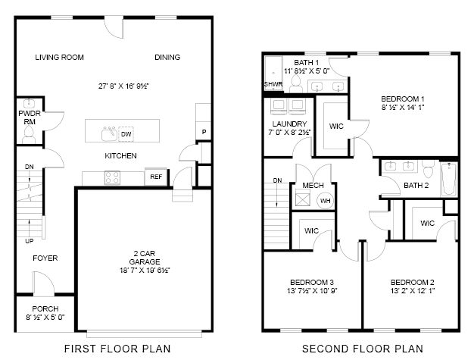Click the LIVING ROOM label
60,58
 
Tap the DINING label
167,58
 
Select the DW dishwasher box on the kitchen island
127,134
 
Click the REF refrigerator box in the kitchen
156,177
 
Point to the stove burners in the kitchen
112,177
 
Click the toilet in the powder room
29,134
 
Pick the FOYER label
45,258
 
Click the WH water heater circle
325,201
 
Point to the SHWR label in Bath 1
273,84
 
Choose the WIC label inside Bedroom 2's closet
427,224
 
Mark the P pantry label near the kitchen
203,132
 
